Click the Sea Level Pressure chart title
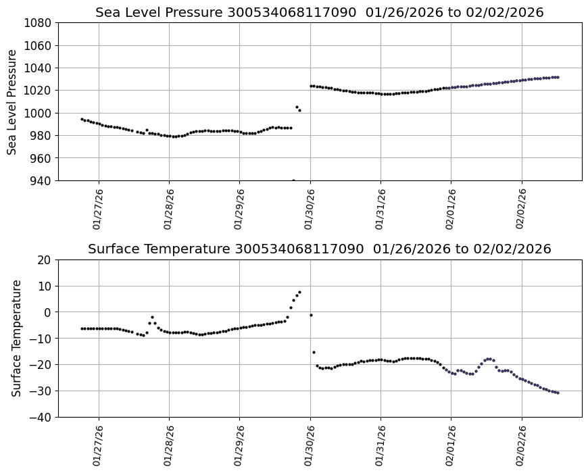pyautogui.click(x=319, y=12)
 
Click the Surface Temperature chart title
pyautogui.click(x=319, y=249)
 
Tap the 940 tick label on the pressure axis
pyautogui.click(x=42, y=180)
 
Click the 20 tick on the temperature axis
pyautogui.click(x=45, y=260)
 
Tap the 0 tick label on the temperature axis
pyautogui.click(x=48, y=312)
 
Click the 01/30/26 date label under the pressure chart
pyautogui.click(x=310, y=209)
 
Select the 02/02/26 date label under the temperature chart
pyautogui.click(x=522, y=445)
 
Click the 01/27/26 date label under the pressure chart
pyautogui.click(x=99, y=209)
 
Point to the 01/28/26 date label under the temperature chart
pyautogui.click(x=169, y=445)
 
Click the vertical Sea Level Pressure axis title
pyautogui.click(x=13, y=101)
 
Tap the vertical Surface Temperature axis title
pyautogui.click(x=16, y=338)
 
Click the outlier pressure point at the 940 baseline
pyautogui.click(x=293, y=180)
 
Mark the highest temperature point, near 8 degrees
pyautogui.click(x=299, y=292)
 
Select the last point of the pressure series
pyautogui.click(x=557, y=77)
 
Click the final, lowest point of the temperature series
pyautogui.click(x=557, y=393)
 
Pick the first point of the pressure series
pyautogui.click(x=82, y=119)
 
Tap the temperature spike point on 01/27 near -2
pyautogui.click(x=152, y=317)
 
